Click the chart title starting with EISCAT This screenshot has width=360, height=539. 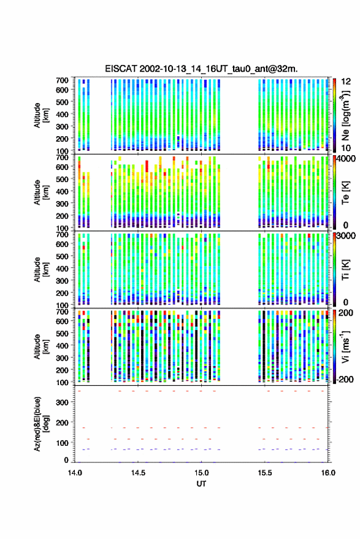(x=201, y=69)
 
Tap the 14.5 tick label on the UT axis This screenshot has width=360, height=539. (x=138, y=473)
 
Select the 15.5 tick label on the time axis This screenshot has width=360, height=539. (x=264, y=473)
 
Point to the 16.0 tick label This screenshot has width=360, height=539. (x=328, y=473)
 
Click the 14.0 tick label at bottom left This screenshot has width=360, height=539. (x=75, y=473)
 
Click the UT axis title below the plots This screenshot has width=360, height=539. (x=201, y=484)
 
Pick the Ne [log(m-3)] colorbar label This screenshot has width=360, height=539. (x=346, y=115)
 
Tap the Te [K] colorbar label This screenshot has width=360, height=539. (x=345, y=193)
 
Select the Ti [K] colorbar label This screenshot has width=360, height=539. (x=345, y=270)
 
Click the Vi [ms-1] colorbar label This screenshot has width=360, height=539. (x=345, y=346)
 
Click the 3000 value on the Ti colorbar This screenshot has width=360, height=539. (x=347, y=236)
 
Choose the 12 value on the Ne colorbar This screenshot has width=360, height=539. (x=347, y=82)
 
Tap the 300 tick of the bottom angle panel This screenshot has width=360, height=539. (x=62, y=402)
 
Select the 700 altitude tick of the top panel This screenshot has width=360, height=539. (x=62, y=80)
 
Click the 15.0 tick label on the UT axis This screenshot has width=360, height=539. (x=201, y=473)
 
